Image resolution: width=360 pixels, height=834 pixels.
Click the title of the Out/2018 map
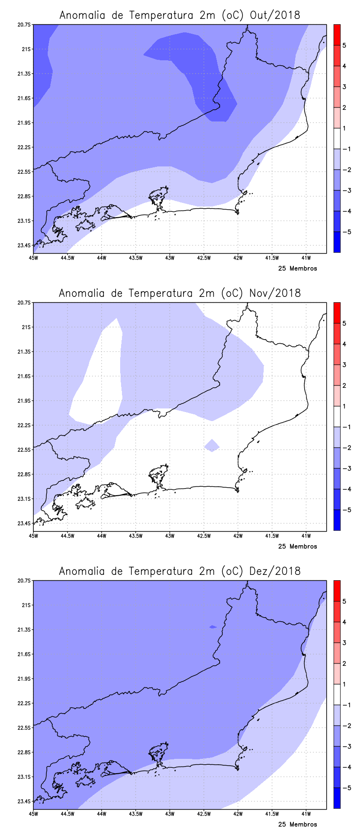[180, 15]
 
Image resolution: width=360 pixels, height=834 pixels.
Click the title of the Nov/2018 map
[180, 293]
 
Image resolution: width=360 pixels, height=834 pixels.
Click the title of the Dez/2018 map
[180, 571]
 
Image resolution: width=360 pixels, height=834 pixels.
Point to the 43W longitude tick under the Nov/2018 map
[170, 536]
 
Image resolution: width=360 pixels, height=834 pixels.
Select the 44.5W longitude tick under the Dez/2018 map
[67, 814]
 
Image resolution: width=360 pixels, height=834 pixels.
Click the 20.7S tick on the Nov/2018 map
[25, 303]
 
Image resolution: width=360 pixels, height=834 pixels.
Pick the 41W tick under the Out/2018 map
[306, 258]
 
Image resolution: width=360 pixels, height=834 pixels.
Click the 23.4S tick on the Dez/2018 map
[25, 801]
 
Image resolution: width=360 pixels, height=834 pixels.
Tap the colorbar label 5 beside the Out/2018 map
[344, 45]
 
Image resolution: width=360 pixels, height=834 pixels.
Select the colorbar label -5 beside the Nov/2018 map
[346, 510]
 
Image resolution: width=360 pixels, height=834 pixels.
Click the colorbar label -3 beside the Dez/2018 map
[346, 747]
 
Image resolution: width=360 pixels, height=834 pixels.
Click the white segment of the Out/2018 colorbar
[337, 139]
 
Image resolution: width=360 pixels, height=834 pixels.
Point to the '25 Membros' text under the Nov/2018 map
[297, 547]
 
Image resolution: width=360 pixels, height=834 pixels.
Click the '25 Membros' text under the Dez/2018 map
[297, 825]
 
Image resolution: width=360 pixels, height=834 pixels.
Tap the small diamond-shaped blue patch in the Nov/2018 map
[212, 445]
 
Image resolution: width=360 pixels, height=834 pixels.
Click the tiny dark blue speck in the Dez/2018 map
[213, 627]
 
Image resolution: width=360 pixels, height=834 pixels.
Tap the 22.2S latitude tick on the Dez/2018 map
[25, 703]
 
